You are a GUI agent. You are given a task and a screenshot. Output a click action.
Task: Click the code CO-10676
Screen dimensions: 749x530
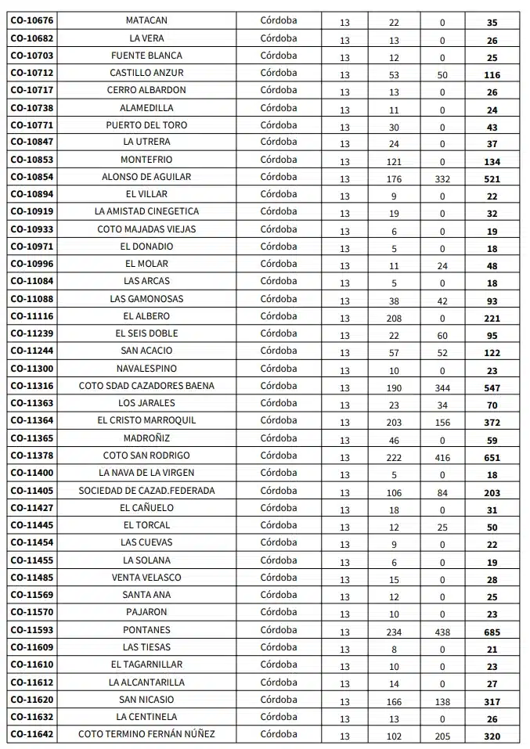tap(32, 20)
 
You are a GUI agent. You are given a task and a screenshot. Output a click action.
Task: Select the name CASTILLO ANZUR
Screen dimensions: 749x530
tap(146, 73)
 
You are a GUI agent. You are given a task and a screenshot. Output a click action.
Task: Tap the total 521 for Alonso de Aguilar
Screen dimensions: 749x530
tap(492, 179)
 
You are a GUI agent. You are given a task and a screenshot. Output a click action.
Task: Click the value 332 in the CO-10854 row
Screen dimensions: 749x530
tap(442, 179)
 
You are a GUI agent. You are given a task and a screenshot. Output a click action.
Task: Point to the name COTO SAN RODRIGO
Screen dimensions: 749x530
tap(146, 456)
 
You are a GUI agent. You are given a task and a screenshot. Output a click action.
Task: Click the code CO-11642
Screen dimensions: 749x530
tap(32, 734)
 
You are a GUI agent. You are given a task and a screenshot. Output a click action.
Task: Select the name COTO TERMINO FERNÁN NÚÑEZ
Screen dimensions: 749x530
tap(146, 734)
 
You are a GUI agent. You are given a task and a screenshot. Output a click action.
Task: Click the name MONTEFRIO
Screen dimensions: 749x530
tap(146, 160)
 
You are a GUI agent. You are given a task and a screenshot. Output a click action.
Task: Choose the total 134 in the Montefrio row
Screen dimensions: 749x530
tap(492, 162)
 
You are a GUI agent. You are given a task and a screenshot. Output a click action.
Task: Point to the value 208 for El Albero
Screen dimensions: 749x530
tap(394, 319)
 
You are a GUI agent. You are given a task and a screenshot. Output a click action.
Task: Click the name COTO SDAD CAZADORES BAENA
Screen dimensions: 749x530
tap(146, 386)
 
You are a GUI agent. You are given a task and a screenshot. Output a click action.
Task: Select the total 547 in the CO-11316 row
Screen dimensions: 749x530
tap(492, 388)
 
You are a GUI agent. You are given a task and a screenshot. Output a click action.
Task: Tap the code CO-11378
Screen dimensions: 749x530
tap(32, 456)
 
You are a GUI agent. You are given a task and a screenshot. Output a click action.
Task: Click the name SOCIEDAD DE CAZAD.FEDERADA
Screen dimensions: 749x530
tap(146, 491)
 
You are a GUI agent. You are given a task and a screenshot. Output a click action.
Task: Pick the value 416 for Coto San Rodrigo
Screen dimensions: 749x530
tap(442, 458)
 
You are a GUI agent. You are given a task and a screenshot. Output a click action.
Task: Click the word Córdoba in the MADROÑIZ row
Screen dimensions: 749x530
tap(279, 438)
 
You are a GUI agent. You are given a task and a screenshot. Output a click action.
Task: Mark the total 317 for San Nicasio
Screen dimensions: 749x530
tap(492, 702)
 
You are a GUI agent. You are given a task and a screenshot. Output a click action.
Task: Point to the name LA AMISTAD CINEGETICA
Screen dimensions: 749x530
tap(146, 211)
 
